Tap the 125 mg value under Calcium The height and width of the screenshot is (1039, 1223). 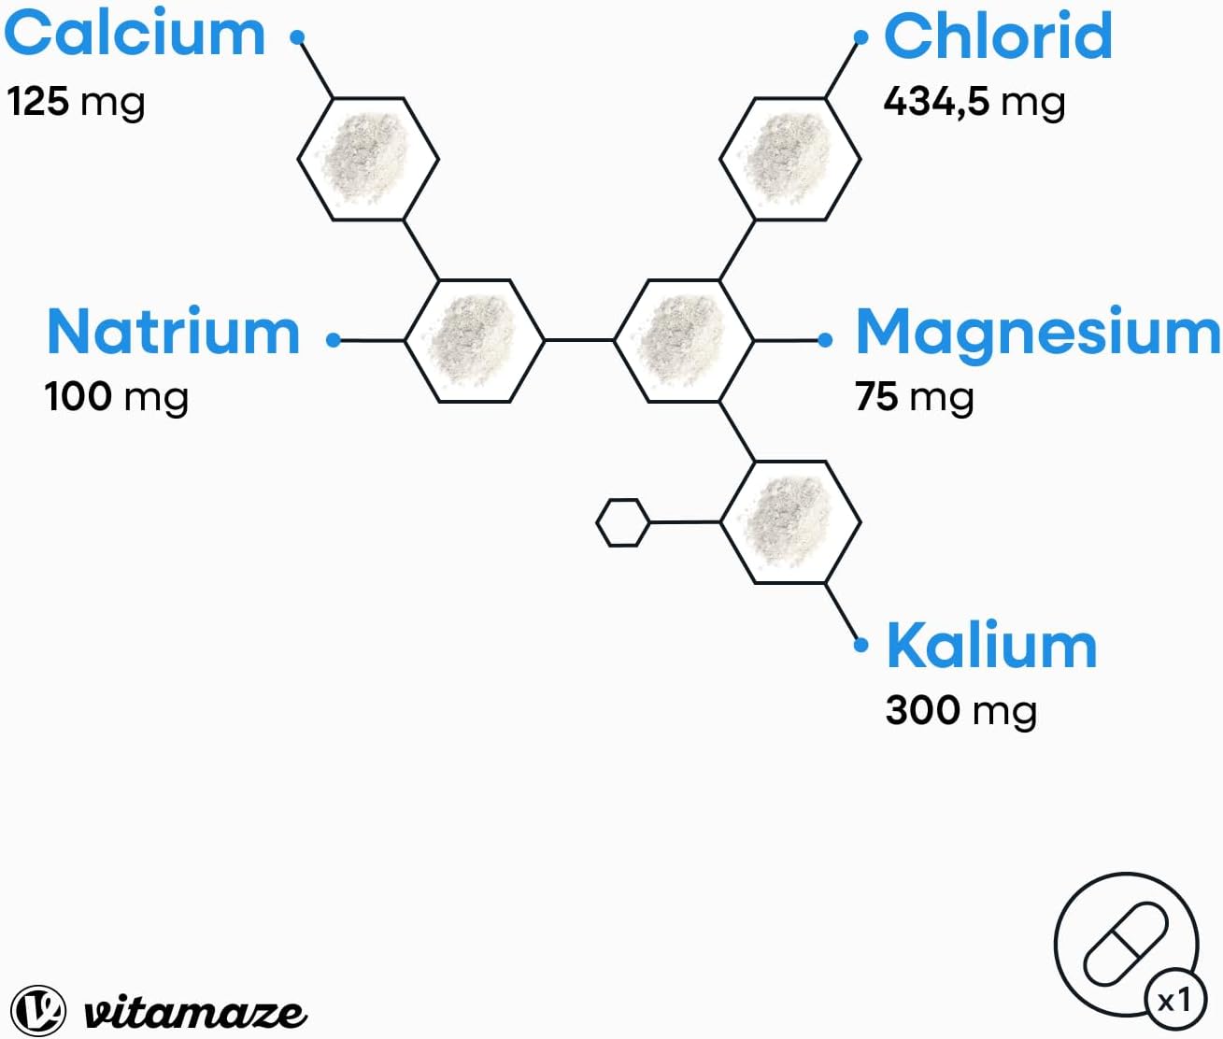[x=76, y=101]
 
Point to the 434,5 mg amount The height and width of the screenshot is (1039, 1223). [x=974, y=101]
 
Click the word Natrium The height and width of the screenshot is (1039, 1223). [x=173, y=332]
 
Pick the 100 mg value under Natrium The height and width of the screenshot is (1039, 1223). [x=117, y=396]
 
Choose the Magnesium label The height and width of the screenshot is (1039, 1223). [x=1037, y=332]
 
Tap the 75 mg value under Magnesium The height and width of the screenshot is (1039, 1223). [x=914, y=396]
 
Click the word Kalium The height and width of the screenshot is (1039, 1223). [x=991, y=646]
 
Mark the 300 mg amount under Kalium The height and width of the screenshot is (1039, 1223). [x=960, y=710]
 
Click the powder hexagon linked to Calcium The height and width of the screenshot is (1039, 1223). [x=368, y=159]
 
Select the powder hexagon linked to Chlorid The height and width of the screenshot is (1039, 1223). [x=789, y=159]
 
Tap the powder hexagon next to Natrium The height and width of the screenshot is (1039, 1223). [x=474, y=340]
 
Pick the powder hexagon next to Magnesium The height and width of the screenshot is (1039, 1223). [x=683, y=340]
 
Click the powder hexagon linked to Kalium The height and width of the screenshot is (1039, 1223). [x=789, y=521]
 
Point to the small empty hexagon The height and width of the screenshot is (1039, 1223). [x=622, y=522]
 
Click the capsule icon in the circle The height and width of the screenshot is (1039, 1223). [x=1124, y=944]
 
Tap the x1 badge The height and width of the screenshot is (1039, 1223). [x=1174, y=1001]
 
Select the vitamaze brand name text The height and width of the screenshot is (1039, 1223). [x=194, y=1012]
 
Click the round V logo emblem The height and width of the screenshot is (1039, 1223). [x=38, y=1010]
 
